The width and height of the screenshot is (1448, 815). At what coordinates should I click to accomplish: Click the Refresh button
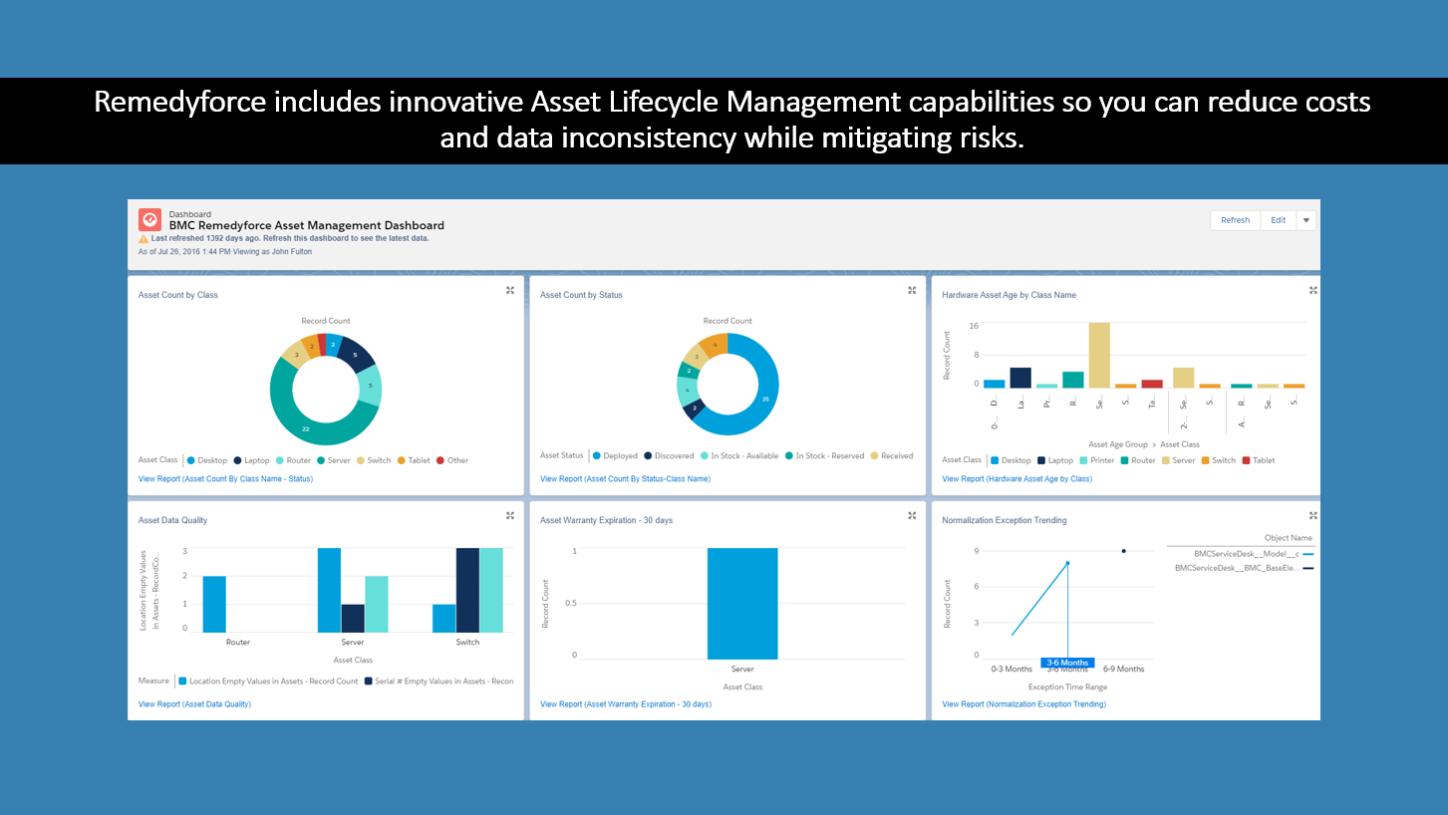[1235, 220]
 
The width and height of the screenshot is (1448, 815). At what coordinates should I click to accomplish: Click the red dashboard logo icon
[149, 219]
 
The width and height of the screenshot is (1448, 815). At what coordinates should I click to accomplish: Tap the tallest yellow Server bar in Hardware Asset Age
[1099, 355]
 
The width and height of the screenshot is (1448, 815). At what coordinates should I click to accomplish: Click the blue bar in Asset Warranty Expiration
[742, 603]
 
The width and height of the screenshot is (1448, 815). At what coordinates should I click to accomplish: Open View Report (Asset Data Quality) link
[194, 704]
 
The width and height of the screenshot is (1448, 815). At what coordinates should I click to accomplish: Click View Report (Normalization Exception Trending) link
[1023, 704]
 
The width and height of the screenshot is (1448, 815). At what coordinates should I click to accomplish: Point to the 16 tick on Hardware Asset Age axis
[974, 326]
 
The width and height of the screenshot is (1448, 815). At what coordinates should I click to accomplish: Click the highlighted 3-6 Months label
[1067, 663]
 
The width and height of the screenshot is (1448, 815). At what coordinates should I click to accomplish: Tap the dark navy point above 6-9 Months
[1124, 551]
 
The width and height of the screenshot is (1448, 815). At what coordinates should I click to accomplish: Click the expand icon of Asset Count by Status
[911, 290]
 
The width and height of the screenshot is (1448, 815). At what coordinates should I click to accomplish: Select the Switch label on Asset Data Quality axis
[467, 643]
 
